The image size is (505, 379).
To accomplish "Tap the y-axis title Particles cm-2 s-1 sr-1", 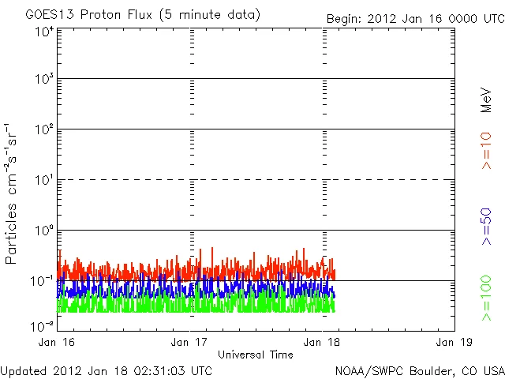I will [x=13, y=194].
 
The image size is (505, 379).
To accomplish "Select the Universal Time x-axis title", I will [x=255, y=355].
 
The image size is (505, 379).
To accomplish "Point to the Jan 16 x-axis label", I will [x=57, y=342].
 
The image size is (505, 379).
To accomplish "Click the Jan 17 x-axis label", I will [x=189, y=342].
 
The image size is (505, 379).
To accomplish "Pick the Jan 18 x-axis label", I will [x=322, y=342].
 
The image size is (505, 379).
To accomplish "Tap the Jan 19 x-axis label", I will [x=454, y=342].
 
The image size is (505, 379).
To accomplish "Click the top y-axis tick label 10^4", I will [x=43, y=32].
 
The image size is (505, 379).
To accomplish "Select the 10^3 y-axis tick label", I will [x=43, y=81].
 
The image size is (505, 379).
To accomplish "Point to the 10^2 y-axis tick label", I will [x=43, y=131].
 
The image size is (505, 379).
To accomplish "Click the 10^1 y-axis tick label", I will [x=43, y=182].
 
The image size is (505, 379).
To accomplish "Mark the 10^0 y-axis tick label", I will [x=43, y=232].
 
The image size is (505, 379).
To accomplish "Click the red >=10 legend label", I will [x=487, y=150].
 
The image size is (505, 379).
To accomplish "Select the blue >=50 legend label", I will [x=487, y=226].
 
